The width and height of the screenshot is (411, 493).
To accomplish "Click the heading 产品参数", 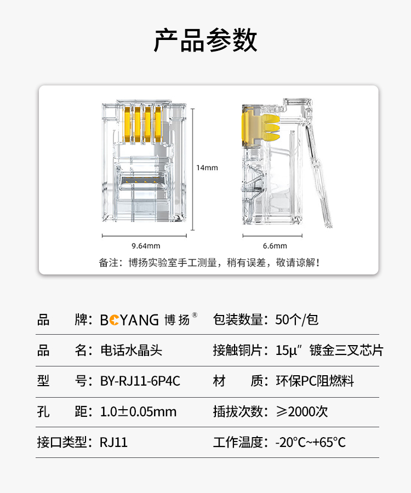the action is pyautogui.click(x=206, y=40).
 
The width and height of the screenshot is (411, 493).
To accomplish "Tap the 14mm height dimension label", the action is pyautogui.click(x=207, y=168).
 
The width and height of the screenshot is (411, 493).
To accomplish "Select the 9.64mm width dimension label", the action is pyautogui.click(x=146, y=246).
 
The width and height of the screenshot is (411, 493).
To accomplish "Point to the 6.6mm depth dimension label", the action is pyautogui.click(x=275, y=246).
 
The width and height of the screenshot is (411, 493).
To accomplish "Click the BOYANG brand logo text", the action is pyautogui.click(x=129, y=320).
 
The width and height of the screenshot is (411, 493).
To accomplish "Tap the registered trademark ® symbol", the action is pyautogui.click(x=195, y=315).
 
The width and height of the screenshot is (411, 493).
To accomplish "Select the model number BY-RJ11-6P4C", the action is pyautogui.click(x=140, y=381).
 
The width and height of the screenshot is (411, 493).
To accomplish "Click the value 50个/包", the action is pyautogui.click(x=297, y=320).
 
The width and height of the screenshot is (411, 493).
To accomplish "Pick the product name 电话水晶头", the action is pyautogui.click(x=131, y=350).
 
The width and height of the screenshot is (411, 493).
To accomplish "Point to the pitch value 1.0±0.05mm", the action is pyautogui.click(x=138, y=411).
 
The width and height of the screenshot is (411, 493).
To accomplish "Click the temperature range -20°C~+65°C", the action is pyautogui.click(x=310, y=443).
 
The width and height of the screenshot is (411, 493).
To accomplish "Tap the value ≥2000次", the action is pyautogui.click(x=302, y=411).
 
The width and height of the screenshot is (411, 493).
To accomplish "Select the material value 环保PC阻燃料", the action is pyautogui.click(x=315, y=381).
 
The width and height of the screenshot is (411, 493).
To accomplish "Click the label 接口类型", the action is pyautogui.click(x=62, y=443).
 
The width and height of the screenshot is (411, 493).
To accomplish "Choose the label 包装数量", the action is pyautogui.click(x=238, y=320).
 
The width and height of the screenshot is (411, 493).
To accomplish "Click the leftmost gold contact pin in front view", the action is pyautogui.click(x=127, y=125).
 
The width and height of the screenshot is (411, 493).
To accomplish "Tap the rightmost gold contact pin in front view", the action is pyautogui.click(x=158, y=124).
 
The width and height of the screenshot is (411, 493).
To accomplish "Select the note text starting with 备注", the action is pyautogui.click(x=209, y=262).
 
